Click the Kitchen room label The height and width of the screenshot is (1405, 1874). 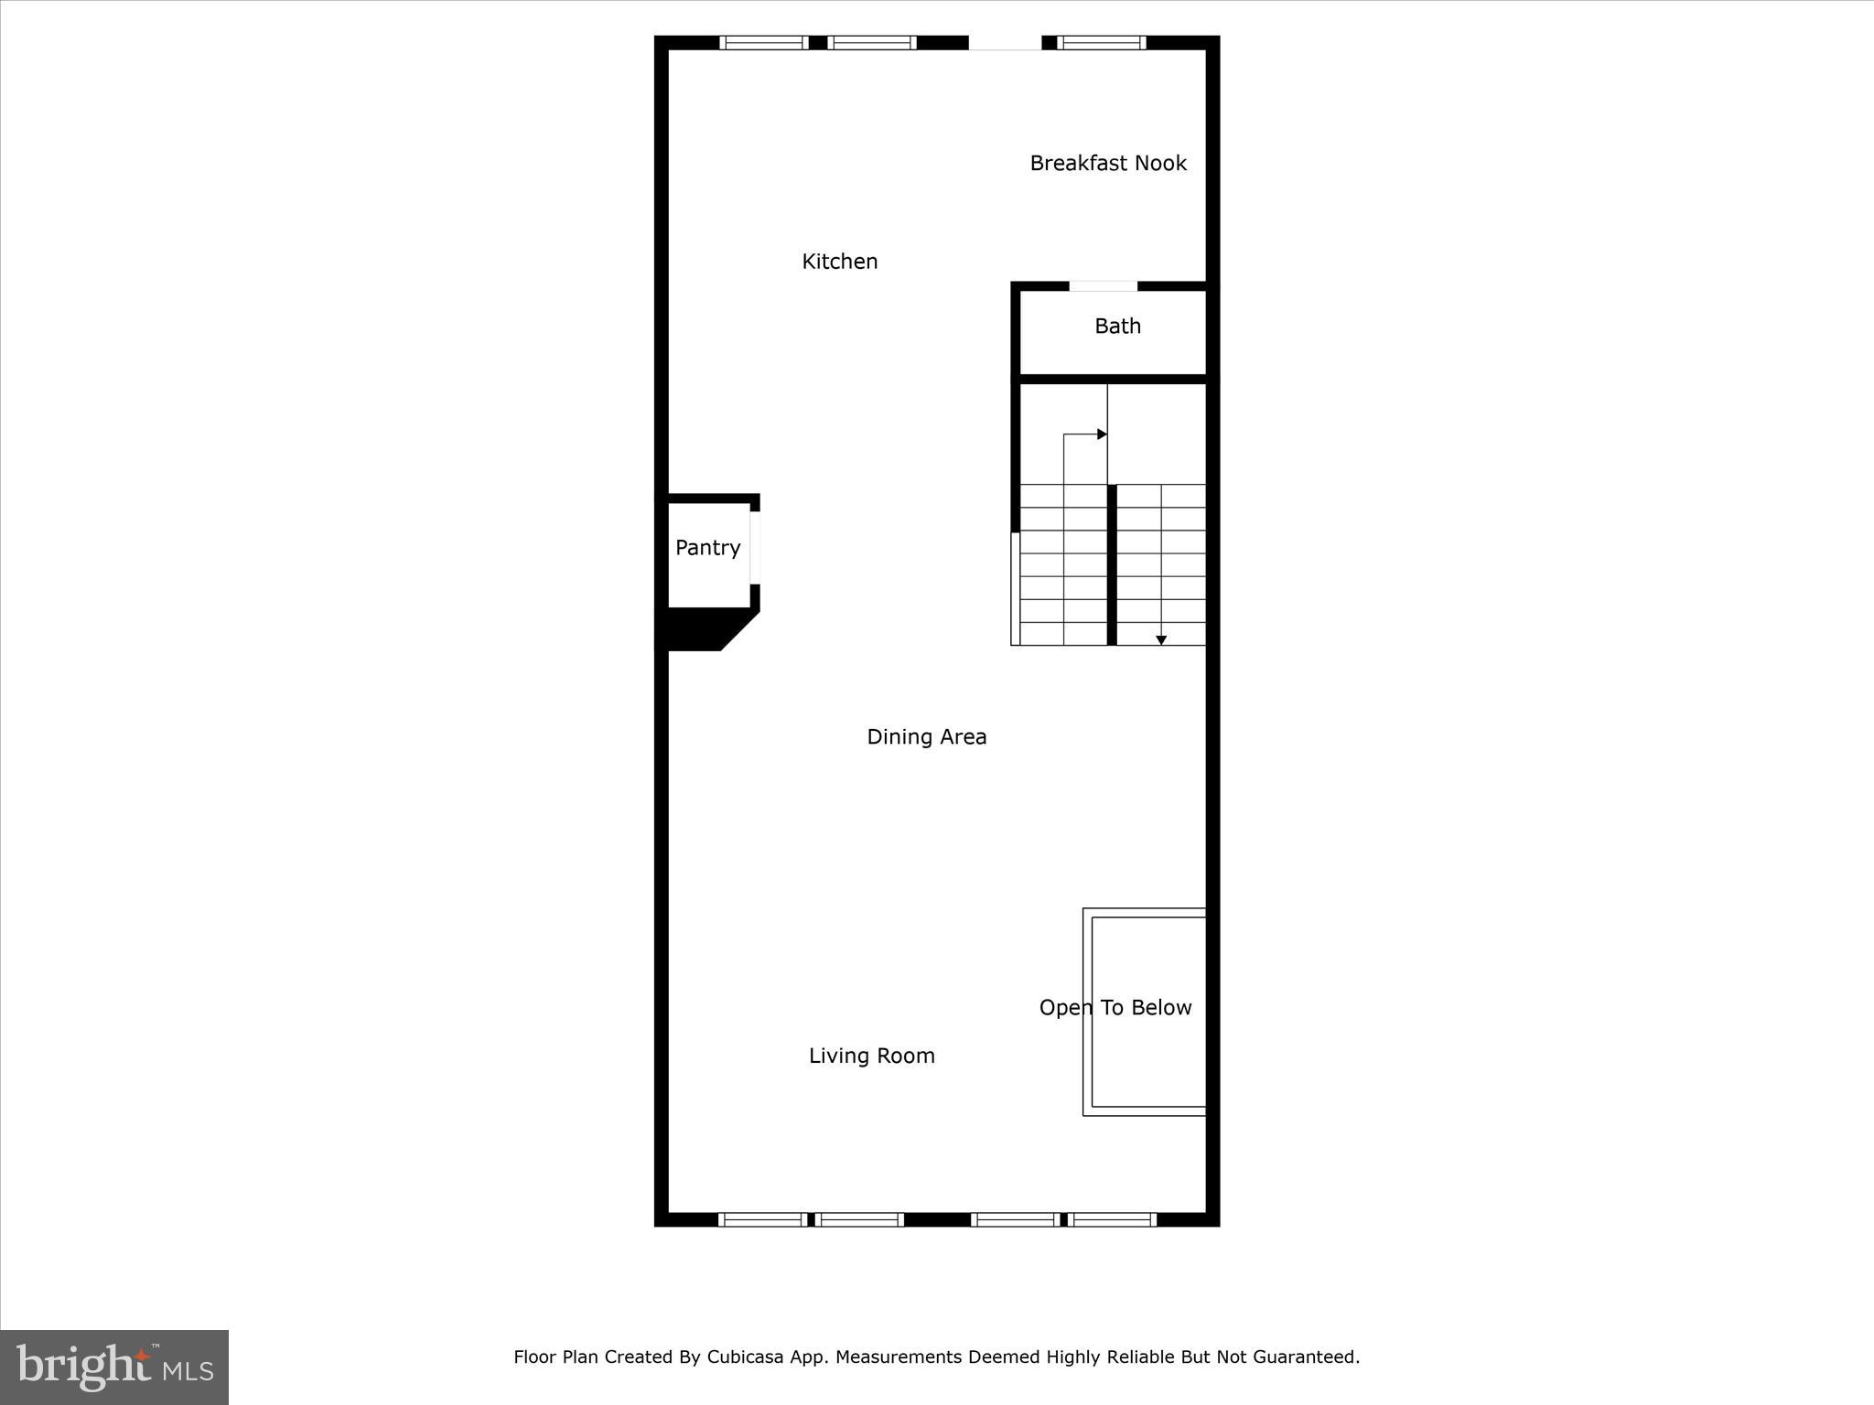tap(839, 262)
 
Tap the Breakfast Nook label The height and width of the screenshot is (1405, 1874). tap(1107, 163)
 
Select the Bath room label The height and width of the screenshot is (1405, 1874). tap(1117, 326)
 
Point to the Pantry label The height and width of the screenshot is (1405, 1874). tap(707, 547)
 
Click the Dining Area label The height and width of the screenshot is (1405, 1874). tap(926, 736)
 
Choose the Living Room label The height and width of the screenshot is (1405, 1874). tap(871, 1056)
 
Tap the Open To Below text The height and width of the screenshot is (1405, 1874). tap(1115, 1007)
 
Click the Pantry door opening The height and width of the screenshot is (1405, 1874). tap(755, 547)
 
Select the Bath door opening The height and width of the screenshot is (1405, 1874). tap(1103, 286)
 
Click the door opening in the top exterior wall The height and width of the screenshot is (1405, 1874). tap(1005, 43)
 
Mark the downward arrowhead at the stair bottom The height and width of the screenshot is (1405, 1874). tap(1160, 639)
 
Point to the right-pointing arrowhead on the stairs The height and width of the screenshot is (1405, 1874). tap(1102, 434)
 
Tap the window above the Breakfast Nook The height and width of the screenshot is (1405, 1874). tap(1101, 42)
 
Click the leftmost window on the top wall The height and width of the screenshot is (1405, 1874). tap(763, 42)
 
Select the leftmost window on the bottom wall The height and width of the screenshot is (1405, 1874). tap(762, 1218)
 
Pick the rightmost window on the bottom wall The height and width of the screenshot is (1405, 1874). tap(1113, 1218)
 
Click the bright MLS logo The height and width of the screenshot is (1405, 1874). tap(114, 1367)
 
